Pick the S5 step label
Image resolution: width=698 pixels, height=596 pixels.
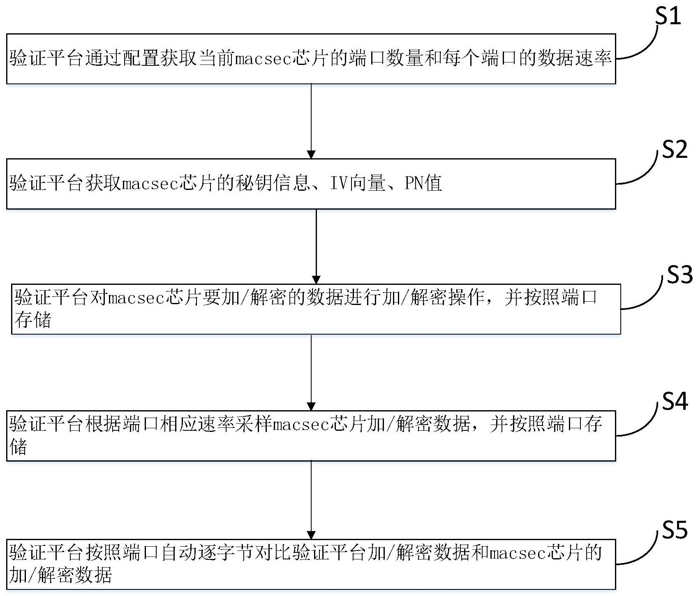tap(674, 530)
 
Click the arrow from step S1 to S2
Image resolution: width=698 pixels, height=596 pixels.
tap(311, 121)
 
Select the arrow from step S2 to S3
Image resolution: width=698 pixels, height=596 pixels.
tap(316, 246)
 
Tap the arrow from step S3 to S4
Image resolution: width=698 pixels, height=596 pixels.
tap(311, 372)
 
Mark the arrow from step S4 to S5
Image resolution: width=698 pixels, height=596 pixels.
tap(311, 500)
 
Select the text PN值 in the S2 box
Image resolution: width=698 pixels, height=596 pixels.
tap(423, 183)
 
